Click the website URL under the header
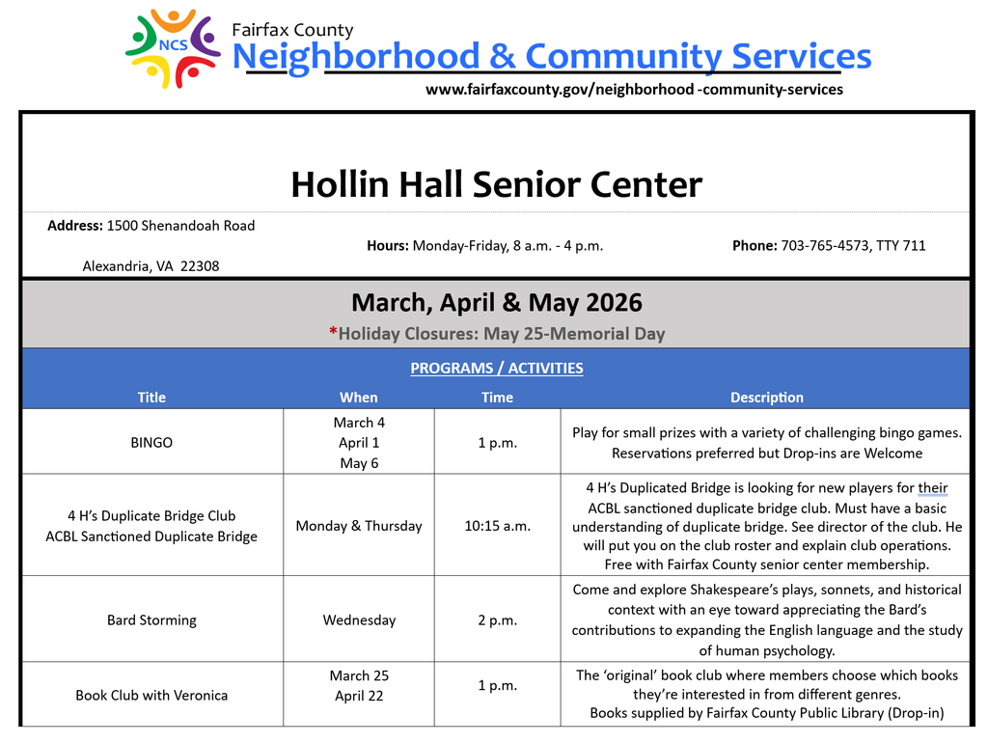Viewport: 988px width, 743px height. [634, 90]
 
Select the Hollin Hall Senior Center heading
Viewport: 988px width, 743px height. [496, 183]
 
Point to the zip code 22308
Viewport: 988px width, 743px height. [200, 266]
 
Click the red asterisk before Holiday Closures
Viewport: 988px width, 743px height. [333, 334]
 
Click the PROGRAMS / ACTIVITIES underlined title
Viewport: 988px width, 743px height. [496, 368]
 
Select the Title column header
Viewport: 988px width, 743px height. [151, 398]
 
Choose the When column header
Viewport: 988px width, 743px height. [358, 398]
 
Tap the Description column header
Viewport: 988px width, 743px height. [766, 398]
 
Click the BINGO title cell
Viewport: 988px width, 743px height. [151, 443]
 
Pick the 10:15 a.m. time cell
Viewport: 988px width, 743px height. [497, 526]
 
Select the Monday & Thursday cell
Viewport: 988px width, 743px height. [358, 526]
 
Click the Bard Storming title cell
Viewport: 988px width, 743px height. [151, 619]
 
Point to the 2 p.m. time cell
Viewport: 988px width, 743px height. [497, 619]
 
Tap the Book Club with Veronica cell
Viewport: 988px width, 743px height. [151, 695]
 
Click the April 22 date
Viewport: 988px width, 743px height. [358, 695]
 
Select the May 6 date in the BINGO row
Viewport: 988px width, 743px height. [358, 463]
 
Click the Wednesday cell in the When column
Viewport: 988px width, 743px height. [358, 619]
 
